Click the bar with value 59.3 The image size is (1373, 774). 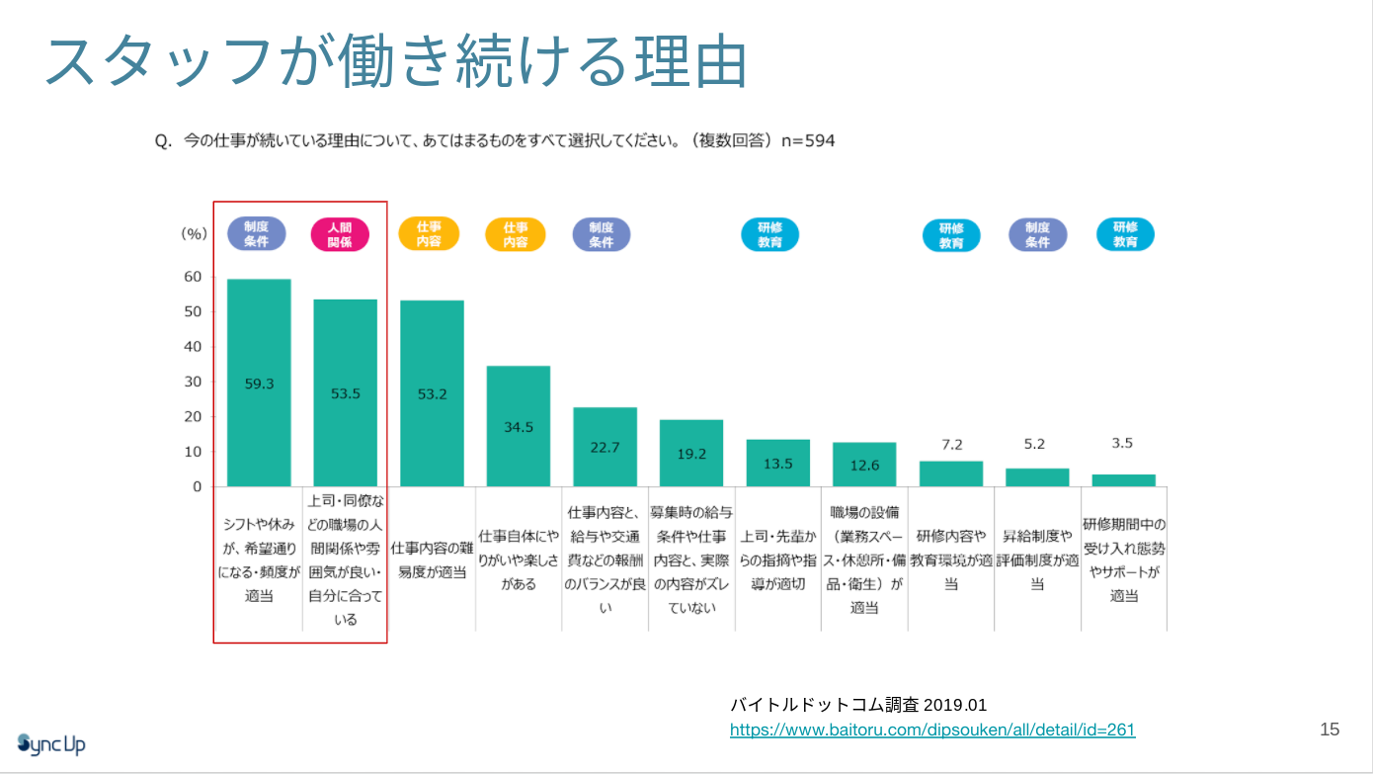(259, 383)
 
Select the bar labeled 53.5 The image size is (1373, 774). (345, 392)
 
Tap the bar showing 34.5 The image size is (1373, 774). (518, 426)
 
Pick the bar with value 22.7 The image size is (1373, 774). (605, 447)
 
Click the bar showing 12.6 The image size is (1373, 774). (864, 465)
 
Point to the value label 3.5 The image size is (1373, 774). (1122, 444)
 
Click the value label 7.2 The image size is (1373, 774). (951, 445)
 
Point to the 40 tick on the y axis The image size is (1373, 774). (192, 347)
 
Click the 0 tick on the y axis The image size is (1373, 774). (197, 486)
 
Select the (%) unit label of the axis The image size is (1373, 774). (194, 234)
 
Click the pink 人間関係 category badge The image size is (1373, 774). (339, 235)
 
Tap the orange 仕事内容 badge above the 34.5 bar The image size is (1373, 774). (515, 235)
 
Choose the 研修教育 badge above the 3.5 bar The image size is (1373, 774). (1125, 234)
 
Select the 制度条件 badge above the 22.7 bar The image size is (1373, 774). (602, 234)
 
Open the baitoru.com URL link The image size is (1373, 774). (931, 731)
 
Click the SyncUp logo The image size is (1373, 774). (51, 743)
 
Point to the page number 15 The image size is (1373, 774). (1330, 730)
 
